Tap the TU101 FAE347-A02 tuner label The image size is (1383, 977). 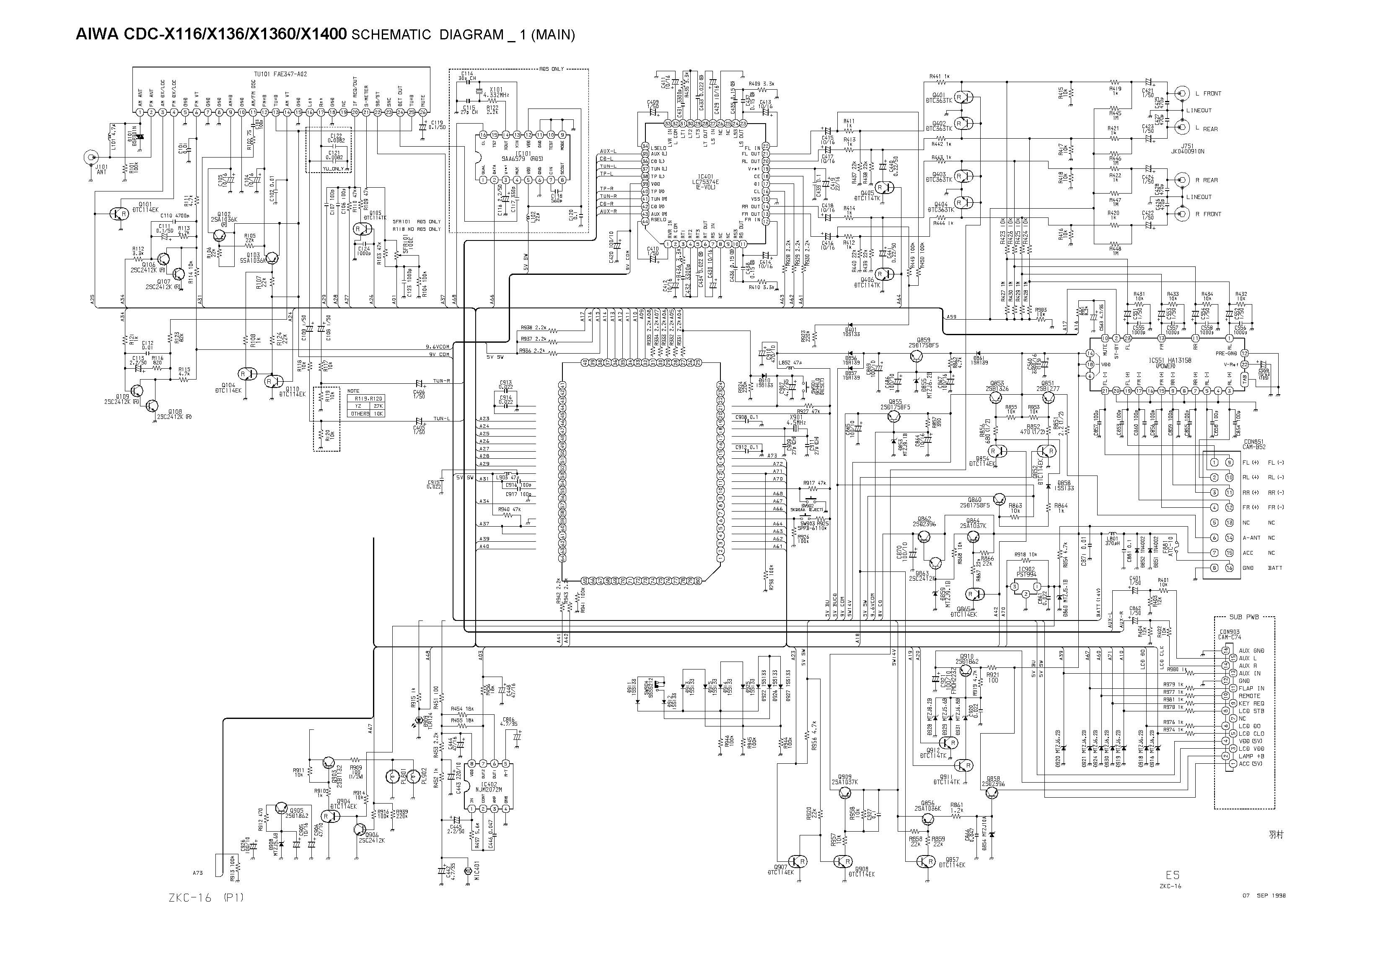click(x=280, y=74)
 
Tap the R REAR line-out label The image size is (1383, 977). click(x=1205, y=180)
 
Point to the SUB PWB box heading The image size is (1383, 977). click(x=1243, y=617)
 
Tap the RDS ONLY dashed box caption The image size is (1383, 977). click(x=551, y=69)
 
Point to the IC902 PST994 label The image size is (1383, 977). click(x=1026, y=572)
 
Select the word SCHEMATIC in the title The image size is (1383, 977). click(x=391, y=35)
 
